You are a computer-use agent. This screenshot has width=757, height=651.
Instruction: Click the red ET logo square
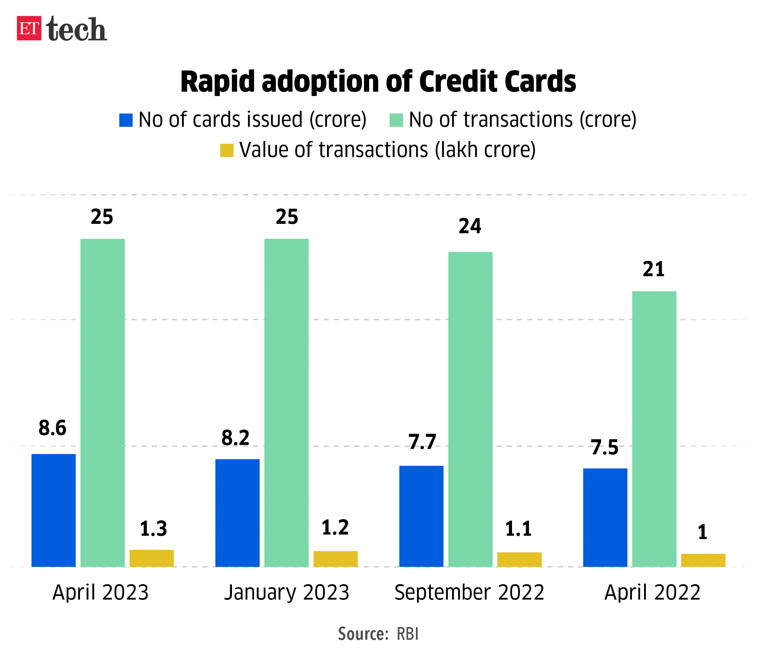(x=29, y=28)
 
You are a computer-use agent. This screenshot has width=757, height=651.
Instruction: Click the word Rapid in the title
(x=217, y=82)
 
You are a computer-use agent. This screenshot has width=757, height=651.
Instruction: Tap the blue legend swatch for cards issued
(x=126, y=120)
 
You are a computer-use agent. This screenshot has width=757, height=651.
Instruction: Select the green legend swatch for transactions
(x=396, y=120)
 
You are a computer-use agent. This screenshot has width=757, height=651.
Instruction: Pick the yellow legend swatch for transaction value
(x=226, y=150)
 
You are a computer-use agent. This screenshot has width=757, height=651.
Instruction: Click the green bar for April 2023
(x=102, y=401)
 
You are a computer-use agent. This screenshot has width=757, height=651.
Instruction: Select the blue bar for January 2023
(x=237, y=512)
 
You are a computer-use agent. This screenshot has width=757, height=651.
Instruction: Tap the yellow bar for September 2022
(x=519, y=559)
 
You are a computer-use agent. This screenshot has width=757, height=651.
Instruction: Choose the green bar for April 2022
(x=654, y=428)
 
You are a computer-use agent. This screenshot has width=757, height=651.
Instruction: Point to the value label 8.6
(x=52, y=428)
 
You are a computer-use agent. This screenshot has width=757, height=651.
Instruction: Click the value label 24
(x=470, y=226)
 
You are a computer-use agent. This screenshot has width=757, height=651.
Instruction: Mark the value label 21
(x=654, y=269)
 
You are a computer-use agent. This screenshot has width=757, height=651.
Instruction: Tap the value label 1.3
(x=153, y=528)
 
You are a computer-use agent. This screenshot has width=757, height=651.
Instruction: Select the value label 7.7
(x=422, y=442)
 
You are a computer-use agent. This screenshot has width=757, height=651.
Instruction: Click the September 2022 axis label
(x=469, y=592)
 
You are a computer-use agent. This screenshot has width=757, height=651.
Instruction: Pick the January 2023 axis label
(x=286, y=592)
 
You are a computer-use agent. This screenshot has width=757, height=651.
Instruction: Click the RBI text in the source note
(x=407, y=634)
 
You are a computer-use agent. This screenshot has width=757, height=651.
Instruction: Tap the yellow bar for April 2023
(x=152, y=558)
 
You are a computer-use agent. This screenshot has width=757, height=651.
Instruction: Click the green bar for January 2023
(x=286, y=401)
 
